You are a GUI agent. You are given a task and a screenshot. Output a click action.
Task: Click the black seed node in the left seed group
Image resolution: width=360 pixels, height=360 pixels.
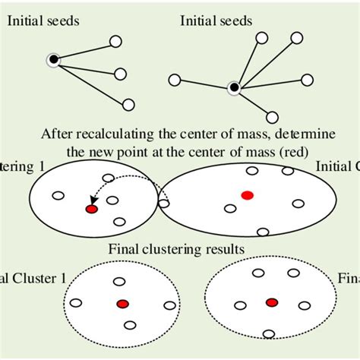pos(53,59)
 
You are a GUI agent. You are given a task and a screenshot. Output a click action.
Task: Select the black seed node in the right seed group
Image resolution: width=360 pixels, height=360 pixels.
pos(234,88)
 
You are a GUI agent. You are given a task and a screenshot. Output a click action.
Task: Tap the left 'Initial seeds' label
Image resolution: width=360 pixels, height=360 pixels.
pos(44,21)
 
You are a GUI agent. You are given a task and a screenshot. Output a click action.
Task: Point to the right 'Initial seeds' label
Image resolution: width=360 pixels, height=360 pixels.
pos(216,21)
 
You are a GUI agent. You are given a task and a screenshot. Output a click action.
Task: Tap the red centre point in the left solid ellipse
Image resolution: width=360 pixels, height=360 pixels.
pos(92,209)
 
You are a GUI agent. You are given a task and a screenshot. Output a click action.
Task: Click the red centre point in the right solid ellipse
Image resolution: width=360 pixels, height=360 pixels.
pos(247,195)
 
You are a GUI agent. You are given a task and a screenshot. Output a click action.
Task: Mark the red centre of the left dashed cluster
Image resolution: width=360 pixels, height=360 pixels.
pos(122,304)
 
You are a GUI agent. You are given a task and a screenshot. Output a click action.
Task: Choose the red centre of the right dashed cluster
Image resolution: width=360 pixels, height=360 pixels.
pos(271,302)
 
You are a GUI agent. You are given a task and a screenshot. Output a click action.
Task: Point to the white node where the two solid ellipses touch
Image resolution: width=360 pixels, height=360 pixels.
pos(163,204)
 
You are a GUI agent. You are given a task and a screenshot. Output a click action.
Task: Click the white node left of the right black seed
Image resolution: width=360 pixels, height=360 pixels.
pos(174,79)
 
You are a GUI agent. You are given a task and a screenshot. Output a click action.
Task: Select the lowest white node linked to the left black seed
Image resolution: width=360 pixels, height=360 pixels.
pos(128,105)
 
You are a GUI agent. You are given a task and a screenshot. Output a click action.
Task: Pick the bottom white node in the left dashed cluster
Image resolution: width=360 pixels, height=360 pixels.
pos(130,325)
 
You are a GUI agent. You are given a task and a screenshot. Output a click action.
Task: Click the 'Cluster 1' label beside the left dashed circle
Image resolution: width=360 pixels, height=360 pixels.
pos(30,279)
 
